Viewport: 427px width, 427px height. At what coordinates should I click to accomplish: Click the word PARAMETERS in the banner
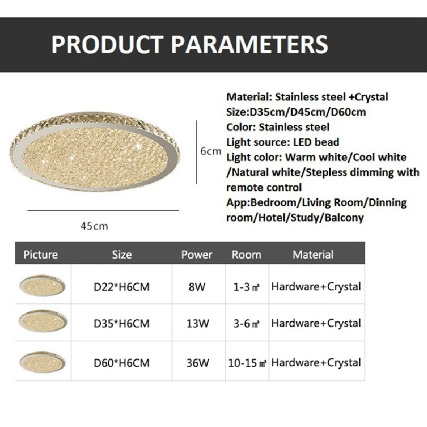[250, 44]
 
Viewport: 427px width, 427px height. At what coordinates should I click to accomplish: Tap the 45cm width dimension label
[94, 226]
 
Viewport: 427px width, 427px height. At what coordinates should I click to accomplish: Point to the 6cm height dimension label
[211, 151]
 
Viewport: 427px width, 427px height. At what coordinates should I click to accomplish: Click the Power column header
[197, 255]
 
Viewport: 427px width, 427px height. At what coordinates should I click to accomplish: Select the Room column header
[246, 255]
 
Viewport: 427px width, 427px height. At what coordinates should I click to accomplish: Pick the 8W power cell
[197, 287]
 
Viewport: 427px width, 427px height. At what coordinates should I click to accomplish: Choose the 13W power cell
[198, 324]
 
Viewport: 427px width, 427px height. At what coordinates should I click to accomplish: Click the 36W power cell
[198, 363]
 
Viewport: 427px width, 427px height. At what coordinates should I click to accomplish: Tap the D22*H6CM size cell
[122, 287]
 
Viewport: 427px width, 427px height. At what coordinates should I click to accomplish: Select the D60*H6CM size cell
[122, 363]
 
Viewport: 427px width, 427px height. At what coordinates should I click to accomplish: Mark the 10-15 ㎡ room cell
[247, 363]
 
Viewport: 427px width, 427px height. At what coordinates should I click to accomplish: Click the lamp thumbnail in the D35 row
[43, 321]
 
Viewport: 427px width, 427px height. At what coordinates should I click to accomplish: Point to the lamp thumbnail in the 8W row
[42, 286]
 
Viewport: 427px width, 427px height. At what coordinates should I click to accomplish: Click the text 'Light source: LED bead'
[283, 142]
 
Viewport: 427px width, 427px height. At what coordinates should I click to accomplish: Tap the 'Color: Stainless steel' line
[278, 127]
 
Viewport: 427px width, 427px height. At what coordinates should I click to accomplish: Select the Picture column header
[41, 255]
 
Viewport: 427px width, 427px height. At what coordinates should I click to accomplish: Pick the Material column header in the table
[313, 255]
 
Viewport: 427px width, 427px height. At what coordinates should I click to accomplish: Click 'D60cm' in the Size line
[349, 112]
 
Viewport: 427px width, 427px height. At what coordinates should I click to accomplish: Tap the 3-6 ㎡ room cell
[246, 324]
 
